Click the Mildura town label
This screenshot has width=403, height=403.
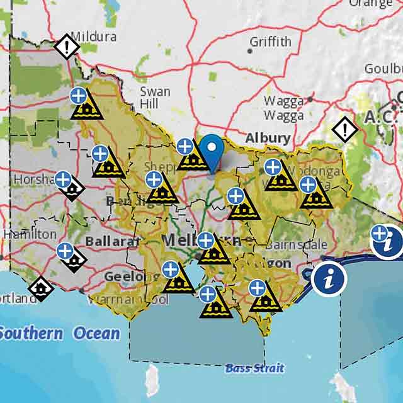[x=94, y=36]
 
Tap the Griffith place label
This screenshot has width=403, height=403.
[x=271, y=42]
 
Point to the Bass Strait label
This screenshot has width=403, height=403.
[x=254, y=368]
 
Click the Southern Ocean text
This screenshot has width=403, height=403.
[x=60, y=332]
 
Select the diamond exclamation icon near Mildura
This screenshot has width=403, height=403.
[x=66, y=47]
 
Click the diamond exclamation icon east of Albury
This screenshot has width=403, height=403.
[x=345, y=130]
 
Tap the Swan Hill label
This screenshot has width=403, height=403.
[x=154, y=98]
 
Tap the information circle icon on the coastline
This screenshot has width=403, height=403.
[x=327, y=278]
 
